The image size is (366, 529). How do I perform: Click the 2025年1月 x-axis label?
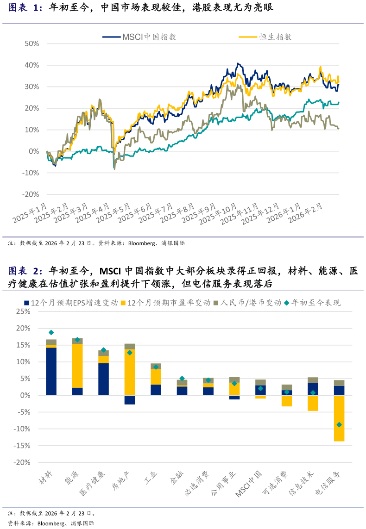pos(31,213)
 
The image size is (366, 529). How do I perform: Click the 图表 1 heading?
pos(25,8)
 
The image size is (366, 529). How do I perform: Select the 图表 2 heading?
pos(25,271)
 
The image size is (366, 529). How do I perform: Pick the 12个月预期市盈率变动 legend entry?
pos(167,303)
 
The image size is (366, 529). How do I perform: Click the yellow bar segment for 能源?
pos(77,366)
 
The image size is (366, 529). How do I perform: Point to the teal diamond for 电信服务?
pos(339,424)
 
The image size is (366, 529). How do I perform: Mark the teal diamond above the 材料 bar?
pos(51,332)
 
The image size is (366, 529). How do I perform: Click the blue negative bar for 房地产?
pos(130,400)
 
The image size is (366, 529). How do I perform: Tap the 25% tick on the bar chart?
pos(23,311)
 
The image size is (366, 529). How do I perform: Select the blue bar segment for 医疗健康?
pos(103,379)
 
